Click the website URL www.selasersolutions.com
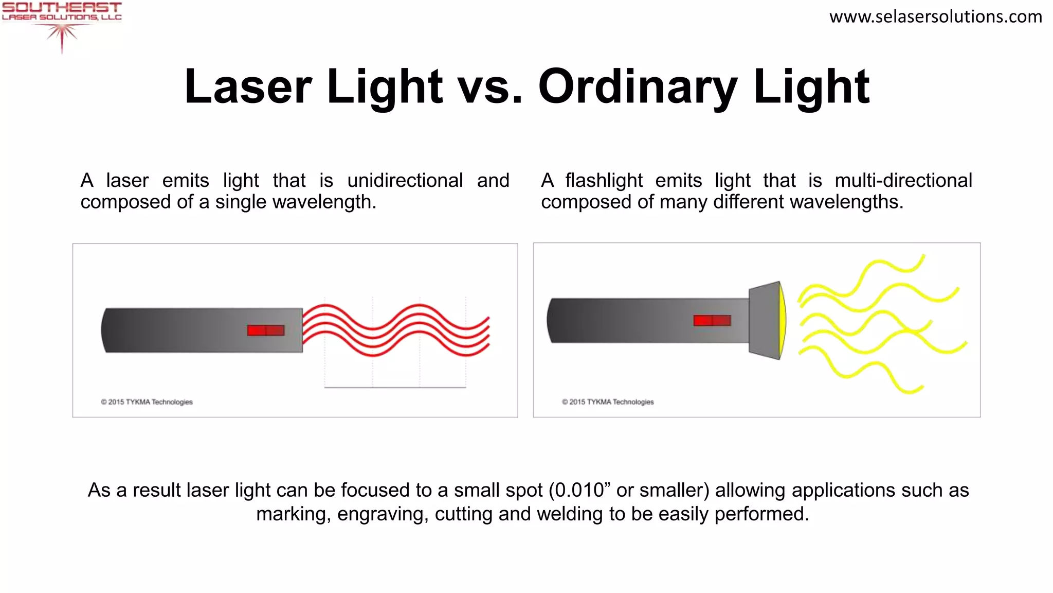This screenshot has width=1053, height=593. tap(935, 16)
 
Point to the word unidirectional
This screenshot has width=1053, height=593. tap(405, 181)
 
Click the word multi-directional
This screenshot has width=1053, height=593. tap(903, 181)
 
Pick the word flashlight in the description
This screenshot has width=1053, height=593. tap(604, 181)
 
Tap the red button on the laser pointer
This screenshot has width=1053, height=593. tap(265, 330)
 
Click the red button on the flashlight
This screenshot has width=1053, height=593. tap(712, 321)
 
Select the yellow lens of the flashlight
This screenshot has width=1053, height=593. tap(783, 320)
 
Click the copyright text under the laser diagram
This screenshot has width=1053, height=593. tap(147, 402)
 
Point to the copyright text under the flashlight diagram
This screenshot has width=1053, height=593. tap(608, 402)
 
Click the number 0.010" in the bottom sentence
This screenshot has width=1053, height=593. tap(579, 490)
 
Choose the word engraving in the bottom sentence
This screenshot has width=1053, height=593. tap(383, 514)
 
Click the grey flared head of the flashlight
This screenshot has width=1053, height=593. tap(764, 320)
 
